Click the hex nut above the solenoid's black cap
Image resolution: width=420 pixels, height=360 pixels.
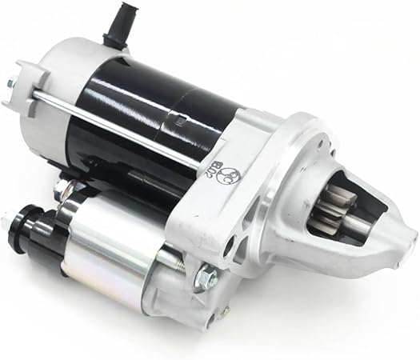(x=62, y=190)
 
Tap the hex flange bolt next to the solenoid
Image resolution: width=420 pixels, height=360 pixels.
(x=206, y=277)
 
